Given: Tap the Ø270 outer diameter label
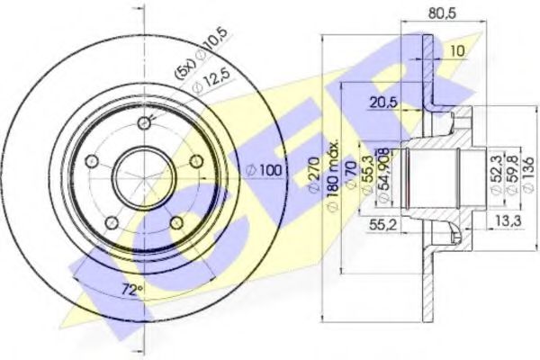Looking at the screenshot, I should (x=315, y=175).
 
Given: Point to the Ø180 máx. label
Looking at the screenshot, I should (x=331, y=175).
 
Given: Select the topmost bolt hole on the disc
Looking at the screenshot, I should (x=143, y=125).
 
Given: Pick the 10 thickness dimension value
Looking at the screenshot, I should (x=458, y=51).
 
